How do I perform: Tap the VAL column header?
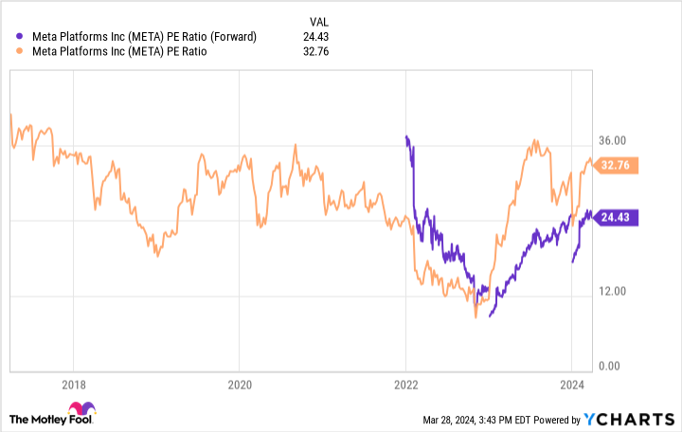322,20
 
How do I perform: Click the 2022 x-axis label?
405,386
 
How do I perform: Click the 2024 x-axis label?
571,386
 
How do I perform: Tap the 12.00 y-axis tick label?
617,291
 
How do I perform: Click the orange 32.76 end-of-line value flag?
619,165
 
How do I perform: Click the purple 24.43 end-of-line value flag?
619,216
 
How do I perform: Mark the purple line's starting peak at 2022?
406,137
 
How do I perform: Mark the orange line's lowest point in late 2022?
476,316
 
